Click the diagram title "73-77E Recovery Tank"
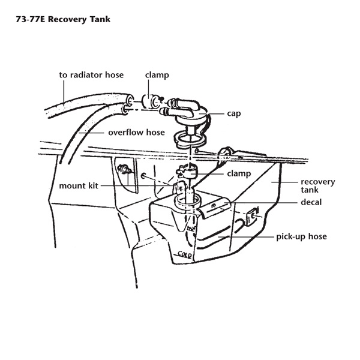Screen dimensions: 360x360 pyautogui.click(x=63, y=19)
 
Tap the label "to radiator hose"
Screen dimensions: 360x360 pyautogui.click(x=91, y=75)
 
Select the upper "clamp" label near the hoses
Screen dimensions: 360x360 pyautogui.click(x=157, y=75)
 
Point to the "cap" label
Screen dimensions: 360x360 pyautogui.click(x=234, y=113)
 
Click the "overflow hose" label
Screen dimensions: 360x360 pyautogui.click(x=136, y=132)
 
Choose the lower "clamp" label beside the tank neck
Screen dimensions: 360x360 pyautogui.click(x=239, y=173)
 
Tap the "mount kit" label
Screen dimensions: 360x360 pyautogui.click(x=79, y=185)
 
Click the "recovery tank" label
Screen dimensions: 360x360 pyautogui.click(x=318, y=186)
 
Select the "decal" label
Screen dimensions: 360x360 pyautogui.click(x=311, y=202)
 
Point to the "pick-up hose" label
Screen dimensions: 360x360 pyautogui.click(x=301, y=236)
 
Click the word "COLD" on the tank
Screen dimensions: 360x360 pyautogui.click(x=185, y=254)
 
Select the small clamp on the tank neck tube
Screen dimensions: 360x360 pyautogui.click(x=187, y=173)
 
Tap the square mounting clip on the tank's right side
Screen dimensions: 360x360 pyautogui.click(x=253, y=217)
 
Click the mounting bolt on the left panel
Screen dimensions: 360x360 pyautogui.click(x=124, y=169)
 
